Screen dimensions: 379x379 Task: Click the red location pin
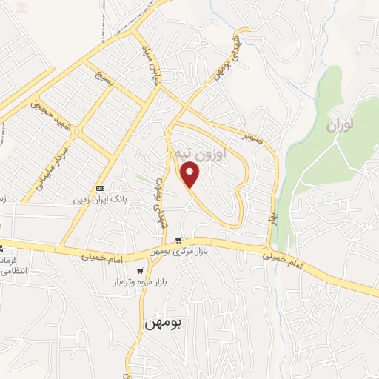pyautogui.click(x=191, y=175)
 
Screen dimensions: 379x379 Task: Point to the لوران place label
pyautogui.click(x=339, y=125)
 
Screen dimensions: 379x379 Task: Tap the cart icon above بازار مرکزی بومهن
pyautogui.click(x=178, y=241)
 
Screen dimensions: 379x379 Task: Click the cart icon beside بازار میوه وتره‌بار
pyautogui.click(x=141, y=272)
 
